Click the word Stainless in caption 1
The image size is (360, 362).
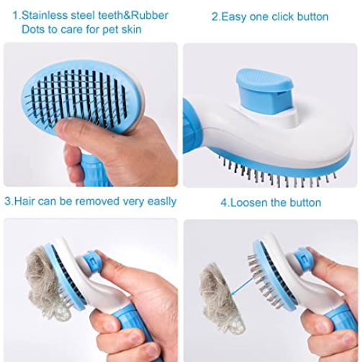[x=45, y=15]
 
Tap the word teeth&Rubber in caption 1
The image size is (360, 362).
[x=133, y=15]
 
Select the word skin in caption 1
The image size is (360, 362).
[x=131, y=30]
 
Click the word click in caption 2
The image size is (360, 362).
[x=282, y=17]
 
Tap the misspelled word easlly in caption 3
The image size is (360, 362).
[x=162, y=202]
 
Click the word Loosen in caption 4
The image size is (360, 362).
[x=248, y=203]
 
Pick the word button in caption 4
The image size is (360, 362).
[x=305, y=203]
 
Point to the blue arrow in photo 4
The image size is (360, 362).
[x=243, y=286]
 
